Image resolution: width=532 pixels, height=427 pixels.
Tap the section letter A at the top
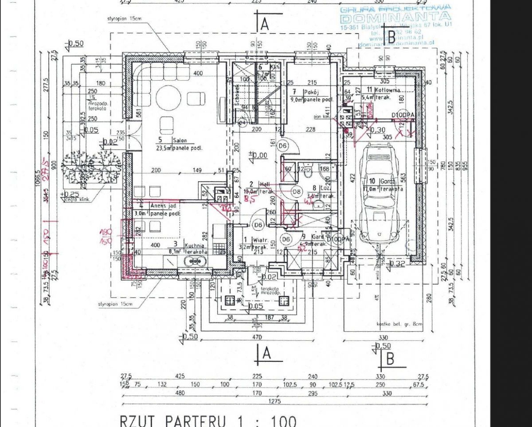(265, 24)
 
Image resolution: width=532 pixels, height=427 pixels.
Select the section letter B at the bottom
(391, 359)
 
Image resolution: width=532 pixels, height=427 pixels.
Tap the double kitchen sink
(195, 262)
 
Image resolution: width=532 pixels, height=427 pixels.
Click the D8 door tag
(297, 192)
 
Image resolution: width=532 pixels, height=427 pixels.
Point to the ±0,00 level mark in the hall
(258, 155)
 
